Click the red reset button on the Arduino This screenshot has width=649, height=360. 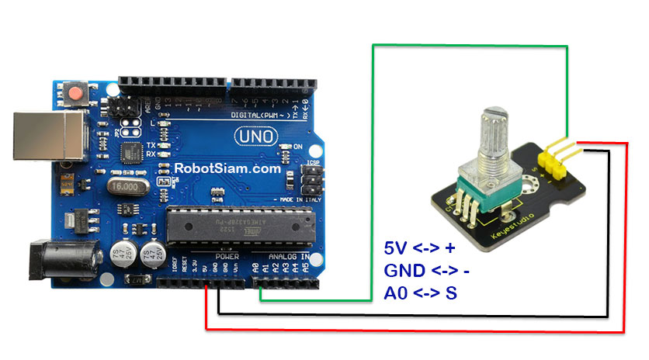pyautogui.click(x=76, y=95)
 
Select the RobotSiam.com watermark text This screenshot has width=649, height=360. pyautogui.click(x=227, y=167)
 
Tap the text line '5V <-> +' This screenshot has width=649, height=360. pyautogui.click(x=420, y=249)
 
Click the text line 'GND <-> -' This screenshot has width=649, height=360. pyautogui.click(x=427, y=271)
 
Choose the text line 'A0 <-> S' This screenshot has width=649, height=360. pyautogui.click(x=419, y=292)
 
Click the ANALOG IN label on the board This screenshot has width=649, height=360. pyautogui.click(x=288, y=255)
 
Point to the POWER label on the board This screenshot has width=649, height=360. pyautogui.click(x=227, y=255)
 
